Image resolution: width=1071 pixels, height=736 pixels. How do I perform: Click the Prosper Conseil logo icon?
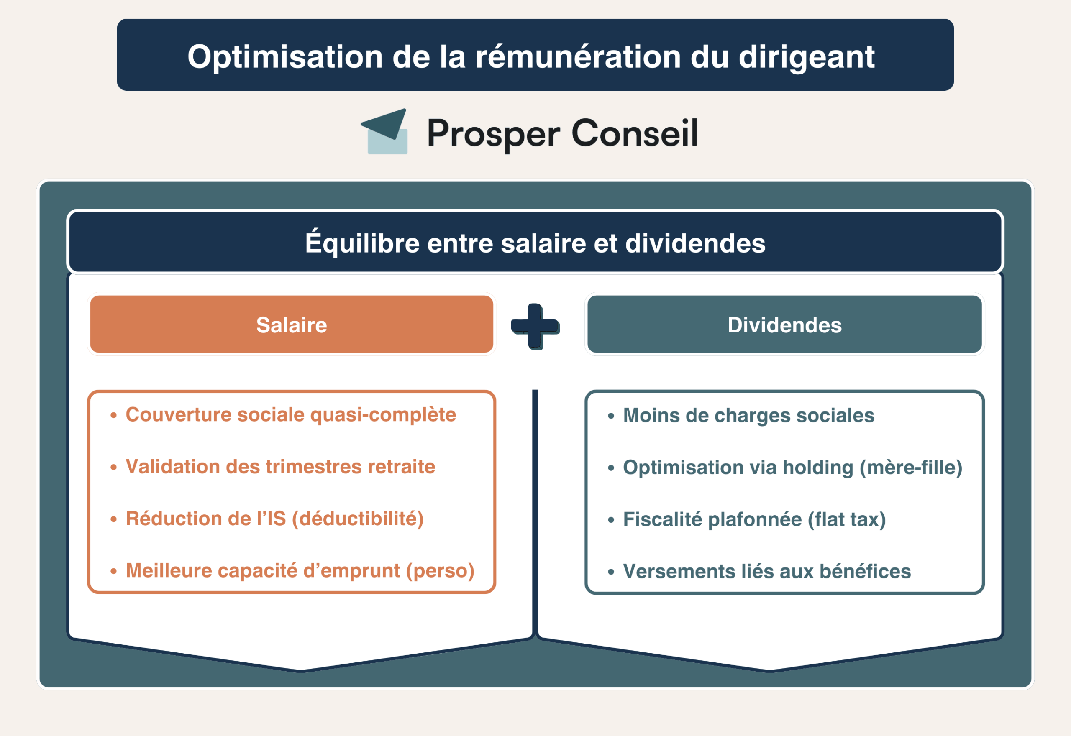click(386, 132)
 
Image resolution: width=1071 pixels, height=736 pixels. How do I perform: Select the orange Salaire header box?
click(292, 325)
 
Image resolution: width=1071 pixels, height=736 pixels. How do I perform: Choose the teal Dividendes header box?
click(784, 325)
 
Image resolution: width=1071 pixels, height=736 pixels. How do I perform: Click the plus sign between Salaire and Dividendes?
click(535, 326)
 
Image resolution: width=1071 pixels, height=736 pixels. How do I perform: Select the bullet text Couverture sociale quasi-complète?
click(291, 414)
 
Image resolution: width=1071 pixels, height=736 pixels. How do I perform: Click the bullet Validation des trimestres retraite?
click(280, 467)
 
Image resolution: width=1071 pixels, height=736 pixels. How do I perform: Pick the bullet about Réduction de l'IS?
click(274, 519)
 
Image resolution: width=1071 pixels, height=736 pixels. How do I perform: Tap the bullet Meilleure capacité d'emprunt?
click(300, 571)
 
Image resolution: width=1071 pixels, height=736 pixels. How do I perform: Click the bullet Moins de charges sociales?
click(748, 416)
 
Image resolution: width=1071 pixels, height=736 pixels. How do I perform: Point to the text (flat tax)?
click(846, 520)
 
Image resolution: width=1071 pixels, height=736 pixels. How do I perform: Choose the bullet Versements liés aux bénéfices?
click(766, 571)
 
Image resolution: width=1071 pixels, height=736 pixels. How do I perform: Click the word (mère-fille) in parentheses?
click(911, 468)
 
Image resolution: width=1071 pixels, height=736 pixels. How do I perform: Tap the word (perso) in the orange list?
click(440, 571)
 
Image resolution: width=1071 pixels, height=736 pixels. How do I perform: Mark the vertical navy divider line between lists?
click(535, 507)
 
